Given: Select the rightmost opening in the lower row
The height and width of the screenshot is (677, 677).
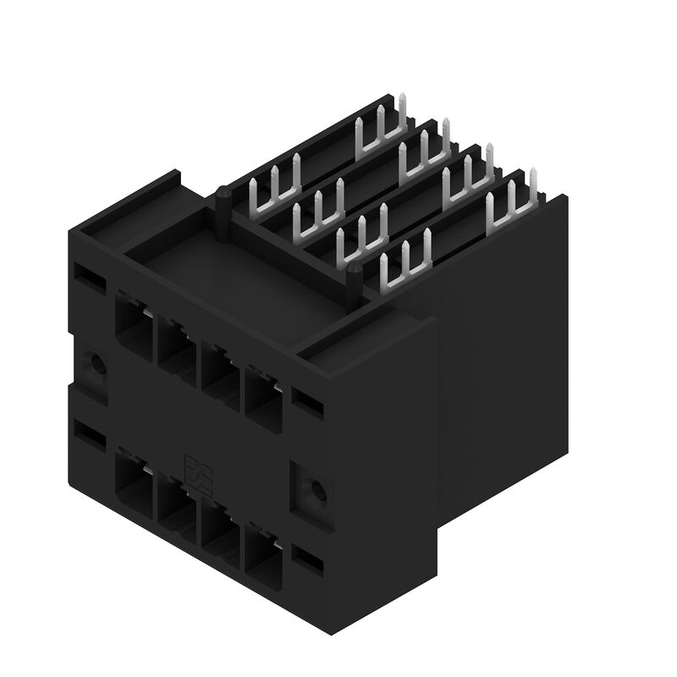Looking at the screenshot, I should pyautogui.click(x=262, y=551).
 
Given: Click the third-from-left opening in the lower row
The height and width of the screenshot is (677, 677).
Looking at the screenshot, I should pyautogui.click(x=219, y=529).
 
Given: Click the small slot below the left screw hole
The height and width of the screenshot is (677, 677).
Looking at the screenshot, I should pyautogui.click(x=87, y=434).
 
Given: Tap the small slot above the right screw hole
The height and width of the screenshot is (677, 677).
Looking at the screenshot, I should pyautogui.click(x=307, y=398).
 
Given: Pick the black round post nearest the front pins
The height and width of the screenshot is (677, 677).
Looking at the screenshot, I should pyautogui.click(x=355, y=279).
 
